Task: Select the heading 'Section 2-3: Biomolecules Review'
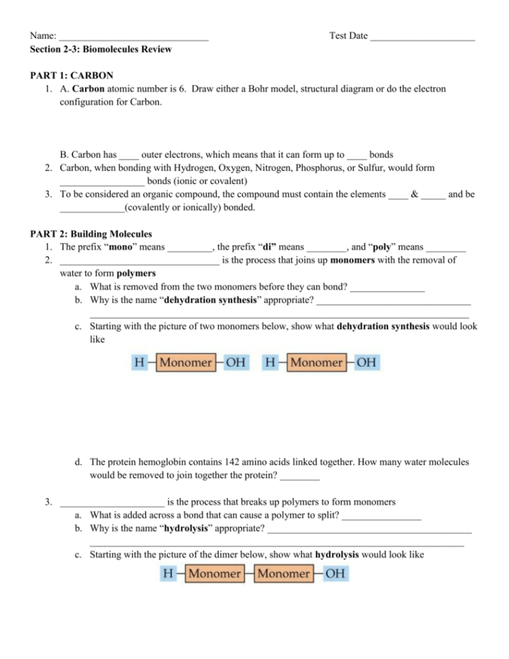pyautogui.click(x=101, y=49)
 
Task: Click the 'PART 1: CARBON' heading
pyautogui.click(x=71, y=75)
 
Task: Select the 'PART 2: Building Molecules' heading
pyautogui.click(x=91, y=234)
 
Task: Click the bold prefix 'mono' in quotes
pyautogui.click(x=118, y=247)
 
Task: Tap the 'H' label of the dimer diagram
pyautogui.click(x=167, y=574)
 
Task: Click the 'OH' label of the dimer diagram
pyautogui.click(x=335, y=574)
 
